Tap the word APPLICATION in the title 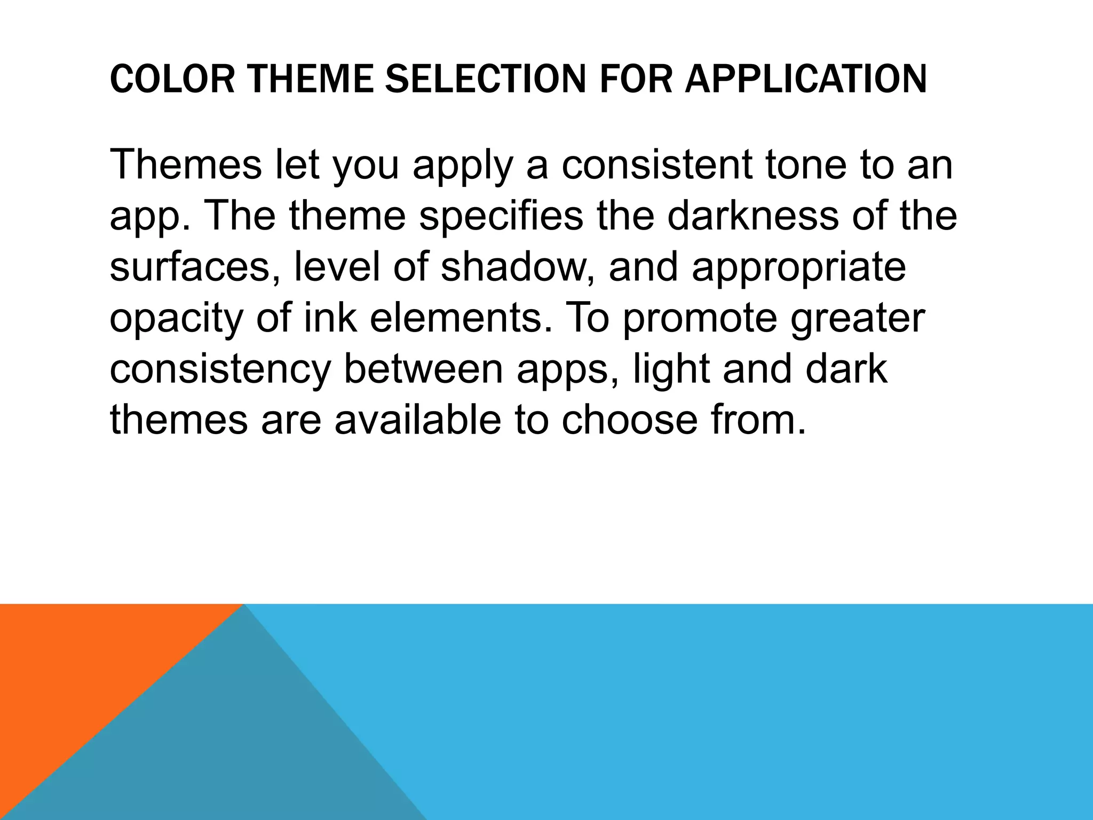[806, 78]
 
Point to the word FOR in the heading [636, 78]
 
